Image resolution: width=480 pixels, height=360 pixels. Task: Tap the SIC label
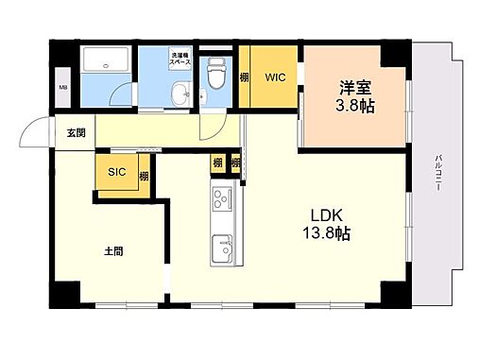(x=117, y=172)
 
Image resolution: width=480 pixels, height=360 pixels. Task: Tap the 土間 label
(x=113, y=251)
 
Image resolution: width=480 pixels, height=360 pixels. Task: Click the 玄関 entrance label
(x=76, y=133)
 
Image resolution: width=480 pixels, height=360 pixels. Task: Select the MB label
(x=63, y=89)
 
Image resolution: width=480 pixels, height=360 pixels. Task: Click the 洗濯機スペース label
(x=180, y=59)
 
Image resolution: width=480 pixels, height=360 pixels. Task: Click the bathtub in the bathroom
(x=109, y=62)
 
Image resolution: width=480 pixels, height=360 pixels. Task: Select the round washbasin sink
(x=180, y=93)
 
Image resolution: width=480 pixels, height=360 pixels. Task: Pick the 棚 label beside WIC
(x=245, y=78)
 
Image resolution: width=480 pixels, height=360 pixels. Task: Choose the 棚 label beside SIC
(x=145, y=175)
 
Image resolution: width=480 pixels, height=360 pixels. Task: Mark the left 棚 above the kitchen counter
(x=217, y=163)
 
